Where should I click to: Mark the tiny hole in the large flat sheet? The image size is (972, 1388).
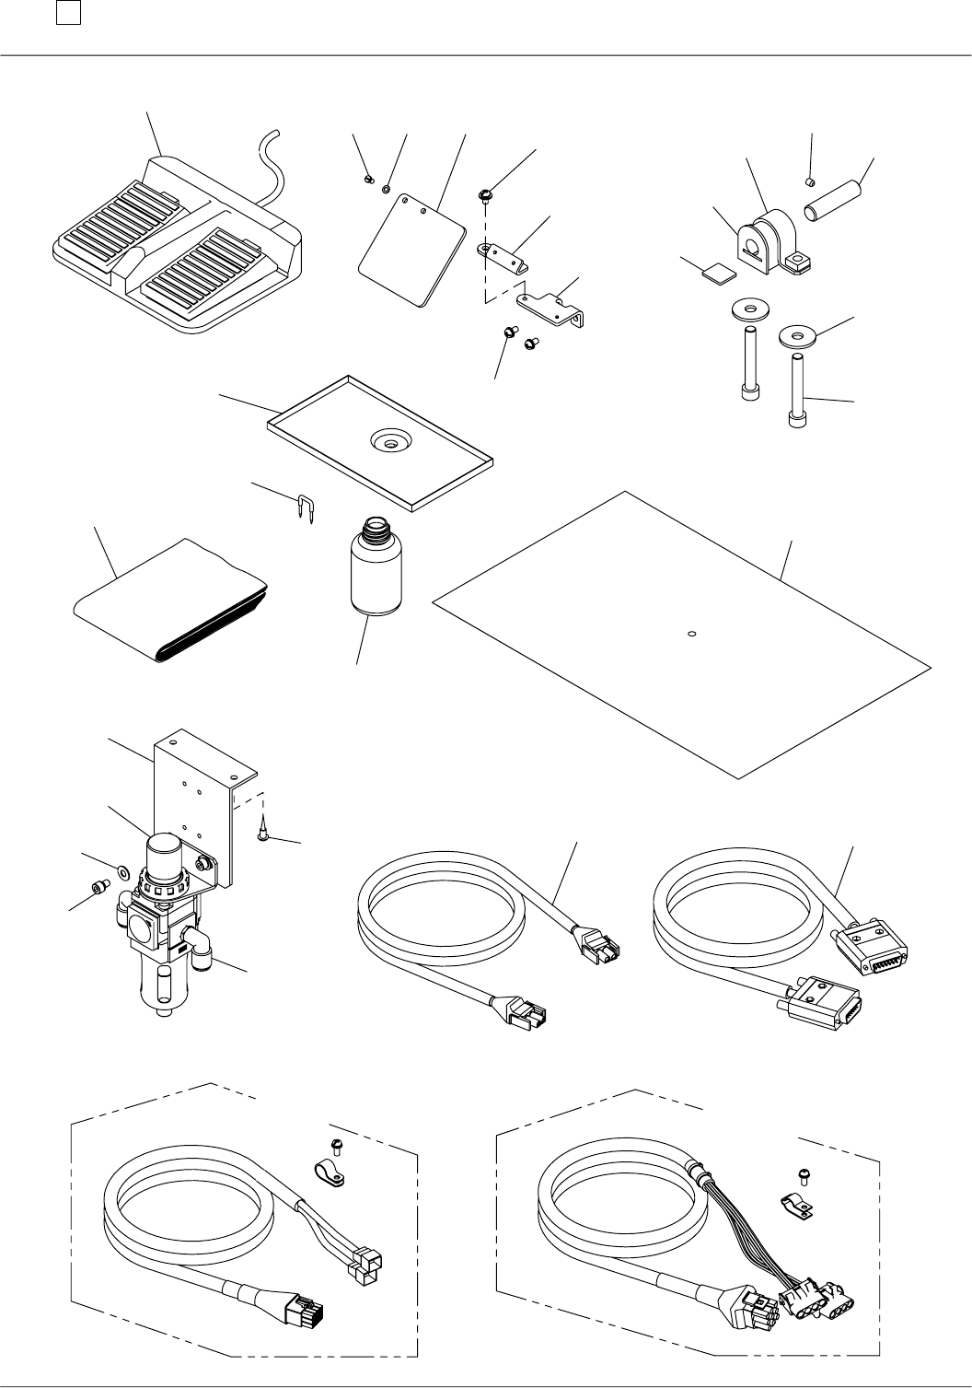[x=692, y=633]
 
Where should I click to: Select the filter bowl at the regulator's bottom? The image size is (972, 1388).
[x=161, y=986]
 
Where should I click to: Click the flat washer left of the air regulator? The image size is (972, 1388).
[x=122, y=868]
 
